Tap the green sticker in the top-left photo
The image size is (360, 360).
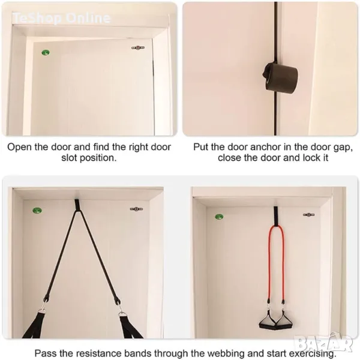[46, 53]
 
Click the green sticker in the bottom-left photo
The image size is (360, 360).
[37, 210]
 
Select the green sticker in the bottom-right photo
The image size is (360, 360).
[219, 217]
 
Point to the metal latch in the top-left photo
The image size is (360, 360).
[138, 48]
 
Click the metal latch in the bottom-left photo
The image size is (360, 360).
[137, 209]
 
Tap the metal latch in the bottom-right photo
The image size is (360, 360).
[309, 215]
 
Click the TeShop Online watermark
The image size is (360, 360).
[62, 18]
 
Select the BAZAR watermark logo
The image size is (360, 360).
[323, 344]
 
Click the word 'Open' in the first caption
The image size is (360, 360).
[20, 148]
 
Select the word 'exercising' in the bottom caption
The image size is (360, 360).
[311, 353]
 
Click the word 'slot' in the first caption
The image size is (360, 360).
[69, 158]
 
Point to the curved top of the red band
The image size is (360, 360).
[277, 227]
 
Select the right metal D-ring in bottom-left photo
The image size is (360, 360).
[121, 314]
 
